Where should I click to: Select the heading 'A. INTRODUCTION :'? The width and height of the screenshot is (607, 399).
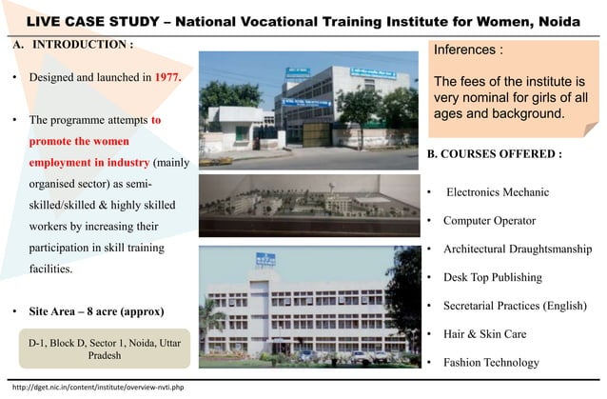pyautogui.click(x=72, y=45)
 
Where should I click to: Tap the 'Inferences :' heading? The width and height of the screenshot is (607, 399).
pyautogui.click(x=468, y=50)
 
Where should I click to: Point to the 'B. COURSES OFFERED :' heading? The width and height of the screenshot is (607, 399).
pyautogui.click(x=494, y=153)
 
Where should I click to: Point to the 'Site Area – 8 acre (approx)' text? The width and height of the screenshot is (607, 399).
pyautogui.click(x=96, y=311)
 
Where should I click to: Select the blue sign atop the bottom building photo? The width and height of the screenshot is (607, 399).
pyautogui.click(x=265, y=259)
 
